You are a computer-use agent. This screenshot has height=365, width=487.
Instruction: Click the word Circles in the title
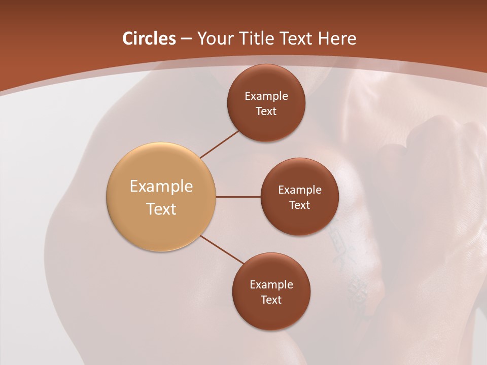coord(149,39)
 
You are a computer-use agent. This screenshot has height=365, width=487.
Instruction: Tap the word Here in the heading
coord(337,39)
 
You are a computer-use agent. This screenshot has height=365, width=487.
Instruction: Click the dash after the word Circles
coord(186,39)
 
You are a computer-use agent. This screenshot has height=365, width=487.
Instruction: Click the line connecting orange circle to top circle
coord(219,144)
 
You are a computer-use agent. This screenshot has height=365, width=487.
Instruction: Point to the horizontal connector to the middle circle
coord(238,197)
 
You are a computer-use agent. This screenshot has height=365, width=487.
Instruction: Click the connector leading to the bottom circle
coord(222,249)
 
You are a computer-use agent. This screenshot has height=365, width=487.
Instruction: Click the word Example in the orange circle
coord(161,187)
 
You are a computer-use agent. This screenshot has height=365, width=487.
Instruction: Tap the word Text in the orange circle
coord(161,209)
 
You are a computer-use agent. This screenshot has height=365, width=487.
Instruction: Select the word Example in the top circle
coord(266,96)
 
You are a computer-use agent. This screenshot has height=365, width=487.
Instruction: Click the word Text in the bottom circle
coord(271,300)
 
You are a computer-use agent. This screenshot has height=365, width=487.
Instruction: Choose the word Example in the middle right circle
coord(299,190)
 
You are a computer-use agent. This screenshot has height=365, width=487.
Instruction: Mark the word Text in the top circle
coord(266,111)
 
